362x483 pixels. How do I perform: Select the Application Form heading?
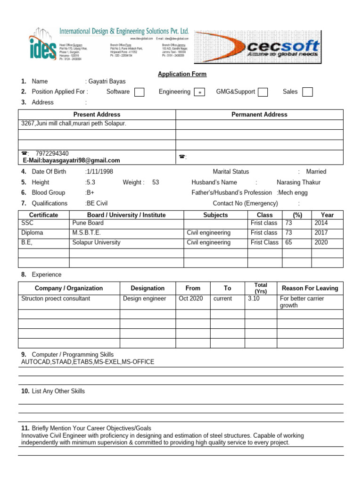182,74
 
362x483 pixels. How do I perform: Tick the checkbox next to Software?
139,92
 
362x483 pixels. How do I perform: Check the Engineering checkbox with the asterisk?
199,92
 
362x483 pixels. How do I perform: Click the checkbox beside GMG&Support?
263,92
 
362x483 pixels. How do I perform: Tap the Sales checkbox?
307,92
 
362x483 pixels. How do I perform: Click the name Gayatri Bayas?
107,82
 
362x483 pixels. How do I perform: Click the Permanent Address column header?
259,115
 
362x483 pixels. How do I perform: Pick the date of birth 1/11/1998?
99,172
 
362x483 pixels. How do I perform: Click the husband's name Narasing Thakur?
298,182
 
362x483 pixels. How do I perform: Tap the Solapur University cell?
96,242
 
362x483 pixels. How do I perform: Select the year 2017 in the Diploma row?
321,233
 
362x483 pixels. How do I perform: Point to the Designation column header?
148,288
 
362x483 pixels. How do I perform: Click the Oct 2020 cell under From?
191,299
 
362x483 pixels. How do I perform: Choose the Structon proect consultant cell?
56,299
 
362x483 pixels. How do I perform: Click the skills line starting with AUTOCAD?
88,362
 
